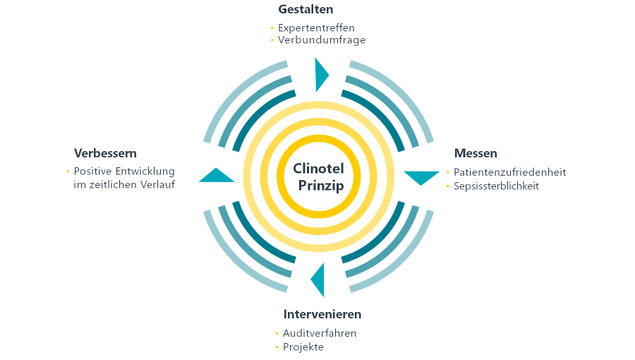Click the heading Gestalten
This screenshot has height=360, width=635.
point(306,10)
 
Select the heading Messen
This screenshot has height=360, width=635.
point(476,153)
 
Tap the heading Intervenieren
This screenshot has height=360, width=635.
point(322,314)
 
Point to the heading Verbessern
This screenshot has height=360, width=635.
point(105,153)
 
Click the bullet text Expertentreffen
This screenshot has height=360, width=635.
point(316,28)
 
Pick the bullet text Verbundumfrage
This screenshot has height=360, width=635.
point(322,40)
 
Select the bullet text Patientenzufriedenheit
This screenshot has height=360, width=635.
point(509,172)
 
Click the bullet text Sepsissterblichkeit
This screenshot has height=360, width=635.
point(496,186)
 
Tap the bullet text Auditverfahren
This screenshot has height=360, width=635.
point(320,333)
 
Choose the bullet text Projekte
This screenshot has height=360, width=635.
point(303,347)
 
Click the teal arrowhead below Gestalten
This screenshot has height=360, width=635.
point(321,74)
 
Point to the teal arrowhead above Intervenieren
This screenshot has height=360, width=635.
point(319,280)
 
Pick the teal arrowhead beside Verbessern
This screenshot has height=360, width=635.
point(216,176)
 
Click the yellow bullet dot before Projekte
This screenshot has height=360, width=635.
point(277,347)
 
